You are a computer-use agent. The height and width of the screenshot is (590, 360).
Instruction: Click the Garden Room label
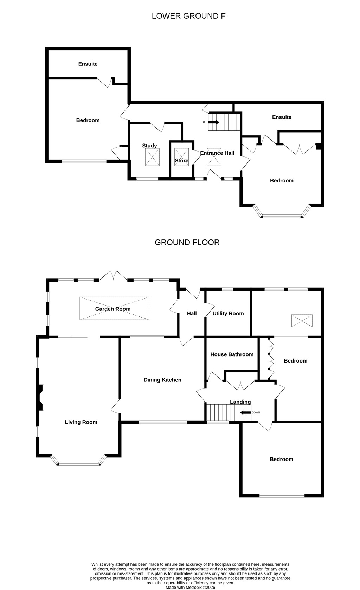(113, 309)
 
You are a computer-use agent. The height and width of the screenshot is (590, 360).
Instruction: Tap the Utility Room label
(228, 313)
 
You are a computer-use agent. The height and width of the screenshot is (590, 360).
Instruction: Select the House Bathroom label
(232, 354)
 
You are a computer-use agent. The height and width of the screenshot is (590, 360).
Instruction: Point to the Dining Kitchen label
(162, 380)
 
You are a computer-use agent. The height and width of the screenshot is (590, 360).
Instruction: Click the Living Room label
(81, 422)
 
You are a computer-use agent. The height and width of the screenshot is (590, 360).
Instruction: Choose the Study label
(149, 146)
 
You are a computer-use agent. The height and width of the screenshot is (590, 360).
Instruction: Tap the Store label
(182, 161)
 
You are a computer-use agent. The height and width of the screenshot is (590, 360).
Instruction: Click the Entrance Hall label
(217, 153)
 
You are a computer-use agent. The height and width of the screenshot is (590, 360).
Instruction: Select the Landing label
(240, 402)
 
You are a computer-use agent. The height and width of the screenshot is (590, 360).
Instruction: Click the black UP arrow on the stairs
(214, 122)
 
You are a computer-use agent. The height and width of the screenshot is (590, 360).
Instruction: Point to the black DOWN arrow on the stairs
(245, 413)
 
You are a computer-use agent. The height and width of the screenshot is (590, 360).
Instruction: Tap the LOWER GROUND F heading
(188, 16)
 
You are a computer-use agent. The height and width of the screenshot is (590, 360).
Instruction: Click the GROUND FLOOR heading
(187, 242)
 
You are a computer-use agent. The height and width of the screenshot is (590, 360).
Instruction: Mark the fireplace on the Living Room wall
(41, 397)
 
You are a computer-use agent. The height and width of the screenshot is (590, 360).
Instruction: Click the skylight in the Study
(152, 157)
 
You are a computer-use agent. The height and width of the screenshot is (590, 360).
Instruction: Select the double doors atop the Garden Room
(113, 276)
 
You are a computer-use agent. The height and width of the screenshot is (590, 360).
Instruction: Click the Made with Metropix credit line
(191, 588)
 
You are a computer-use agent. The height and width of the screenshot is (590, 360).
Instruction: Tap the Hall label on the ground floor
(192, 313)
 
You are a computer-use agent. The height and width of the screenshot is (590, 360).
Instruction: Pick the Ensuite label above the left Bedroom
(88, 64)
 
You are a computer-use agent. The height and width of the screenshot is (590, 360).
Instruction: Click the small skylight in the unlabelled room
(302, 321)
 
